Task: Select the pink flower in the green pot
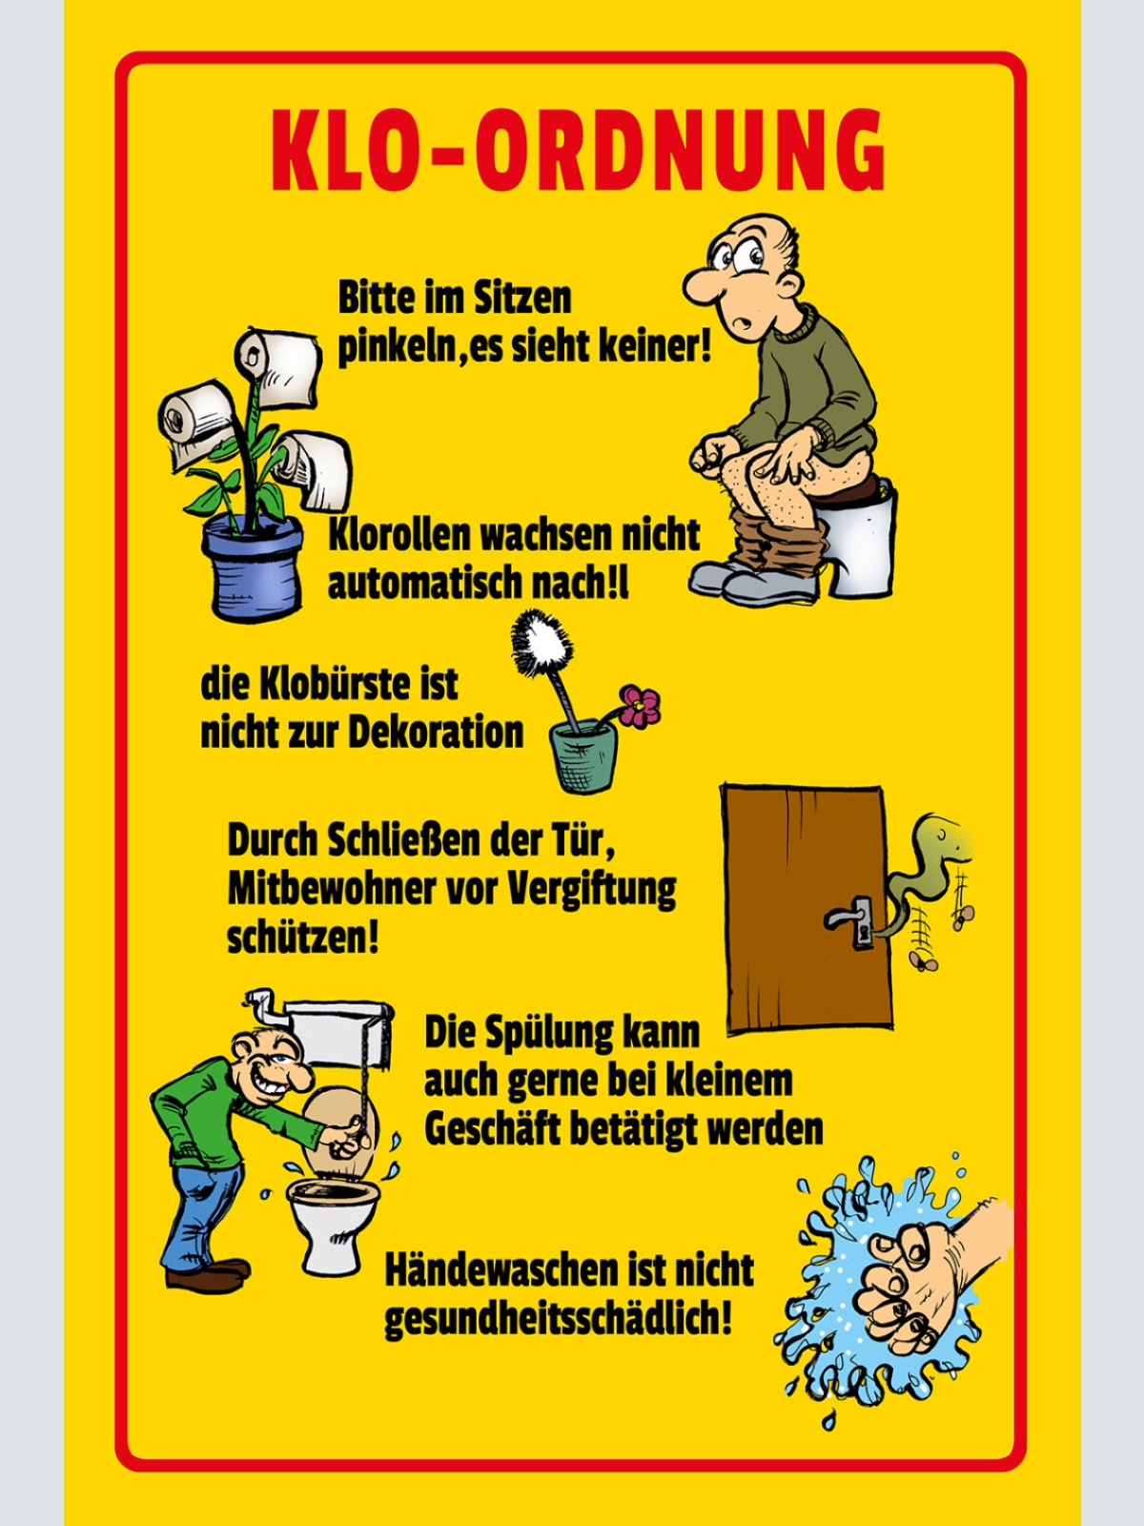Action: (639, 706)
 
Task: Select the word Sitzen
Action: (524, 299)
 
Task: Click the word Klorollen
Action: (399, 535)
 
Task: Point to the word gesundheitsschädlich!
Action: (558, 1320)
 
